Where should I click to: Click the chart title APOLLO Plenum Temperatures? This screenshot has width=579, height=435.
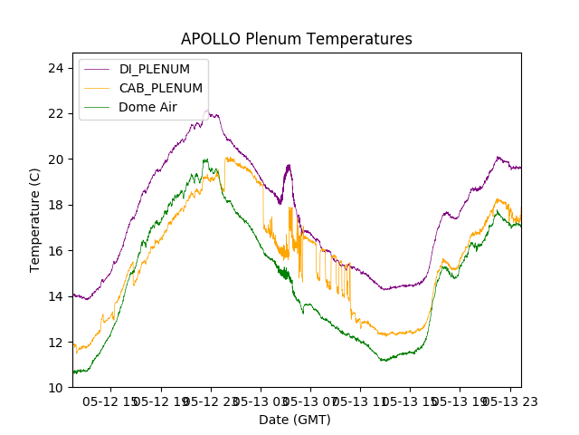tap(296, 39)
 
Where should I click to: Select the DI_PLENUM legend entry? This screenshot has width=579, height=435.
tap(155, 69)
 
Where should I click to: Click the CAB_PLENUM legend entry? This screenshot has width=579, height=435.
tap(161, 88)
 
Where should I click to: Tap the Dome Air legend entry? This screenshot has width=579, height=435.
tap(148, 107)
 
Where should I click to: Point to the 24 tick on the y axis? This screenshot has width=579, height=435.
tap(55, 68)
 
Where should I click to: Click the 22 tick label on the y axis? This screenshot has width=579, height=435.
tap(55, 113)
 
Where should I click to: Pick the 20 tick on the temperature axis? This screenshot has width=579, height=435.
tap(55, 159)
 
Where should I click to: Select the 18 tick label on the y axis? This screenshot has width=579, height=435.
tap(55, 205)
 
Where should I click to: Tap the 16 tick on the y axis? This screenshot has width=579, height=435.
tap(55, 251)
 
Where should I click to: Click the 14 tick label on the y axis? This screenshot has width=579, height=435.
tap(55, 296)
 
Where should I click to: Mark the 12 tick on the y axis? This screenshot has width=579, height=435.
tap(55, 343)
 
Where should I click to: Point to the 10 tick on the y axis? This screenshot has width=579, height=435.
tap(55, 388)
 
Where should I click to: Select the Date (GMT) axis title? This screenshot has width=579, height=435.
tap(295, 420)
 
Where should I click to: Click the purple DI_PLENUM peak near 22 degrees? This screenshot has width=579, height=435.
tap(208, 111)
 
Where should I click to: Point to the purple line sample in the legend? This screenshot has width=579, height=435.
tap(98, 69)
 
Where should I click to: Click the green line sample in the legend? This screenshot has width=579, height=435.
tap(98, 107)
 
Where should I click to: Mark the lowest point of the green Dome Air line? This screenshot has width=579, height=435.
tap(78, 372)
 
